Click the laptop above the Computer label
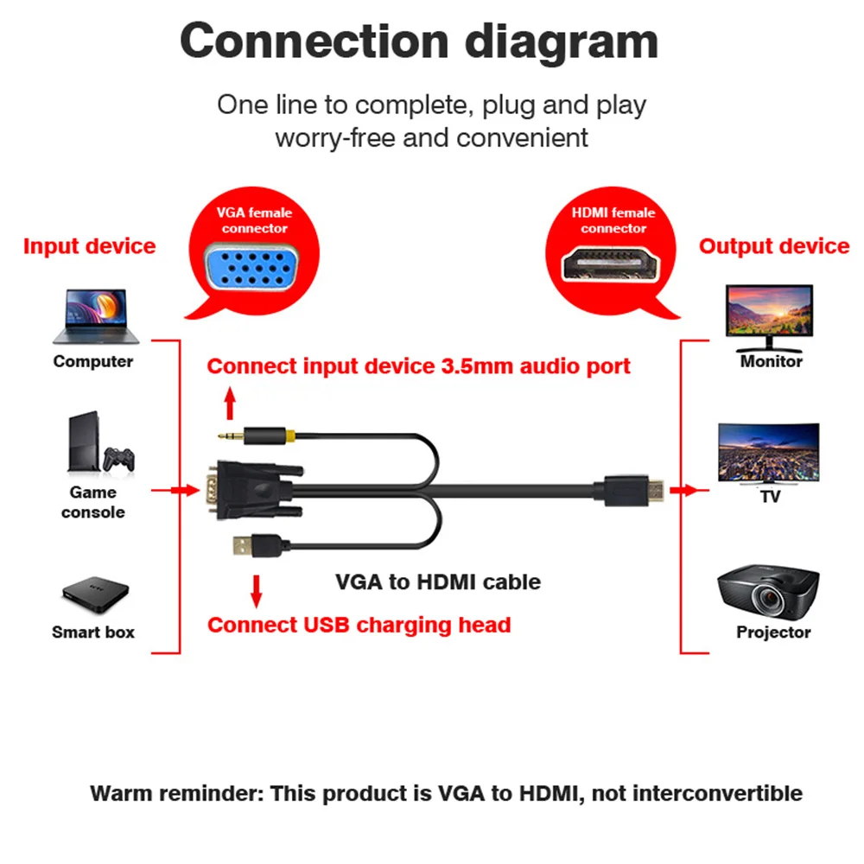coord(96,316)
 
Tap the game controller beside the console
coord(119,459)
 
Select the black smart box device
coord(95,594)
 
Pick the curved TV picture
coord(769,452)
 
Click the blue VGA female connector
coord(252,269)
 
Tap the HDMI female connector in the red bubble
coord(611,264)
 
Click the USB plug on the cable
coord(257,546)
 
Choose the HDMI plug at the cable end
coord(629,490)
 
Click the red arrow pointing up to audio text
coord(231,403)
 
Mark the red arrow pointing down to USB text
coord(257,591)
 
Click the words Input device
coord(89,246)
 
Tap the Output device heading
coord(774,246)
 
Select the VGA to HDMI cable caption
coord(438,581)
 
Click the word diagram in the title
coord(562,41)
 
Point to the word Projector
coord(773,632)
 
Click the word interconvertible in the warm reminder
coord(717,793)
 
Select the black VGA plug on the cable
coord(253,490)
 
